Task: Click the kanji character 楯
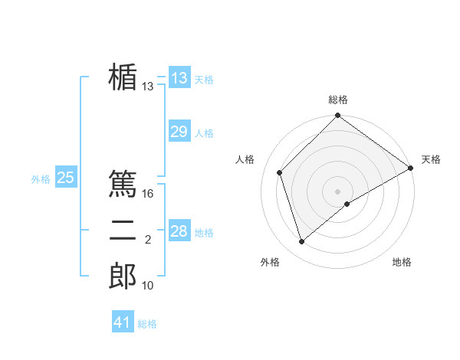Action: pyautogui.click(x=123, y=77)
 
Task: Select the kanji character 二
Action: pyautogui.click(x=123, y=231)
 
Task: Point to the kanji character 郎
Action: pyautogui.click(x=123, y=277)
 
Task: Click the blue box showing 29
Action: pyautogui.click(x=179, y=132)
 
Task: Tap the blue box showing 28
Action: pyautogui.click(x=179, y=231)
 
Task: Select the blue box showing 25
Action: pyautogui.click(x=65, y=178)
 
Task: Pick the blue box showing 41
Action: pyautogui.click(x=123, y=322)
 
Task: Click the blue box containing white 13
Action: pyautogui.click(x=179, y=78)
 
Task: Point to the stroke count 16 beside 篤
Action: pyautogui.click(x=149, y=194)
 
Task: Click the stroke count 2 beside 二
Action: pyautogui.click(x=148, y=240)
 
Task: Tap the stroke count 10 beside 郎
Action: pyautogui.click(x=148, y=286)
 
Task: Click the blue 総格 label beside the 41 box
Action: pyautogui.click(x=147, y=324)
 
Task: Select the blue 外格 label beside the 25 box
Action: pyautogui.click(x=41, y=179)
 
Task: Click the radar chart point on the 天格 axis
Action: pyautogui.click(x=411, y=168)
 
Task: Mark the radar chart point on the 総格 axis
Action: pyautogui.click(x=337, y=116)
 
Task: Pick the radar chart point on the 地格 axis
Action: pyautogui.click(x=347, y=204)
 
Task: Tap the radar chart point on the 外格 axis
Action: pyautogui.click(x=302, y=241)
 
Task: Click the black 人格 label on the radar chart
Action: pyautogui.click(x=245, y=159)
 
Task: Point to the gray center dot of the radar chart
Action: pyautogui.click(x=337, y=191)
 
